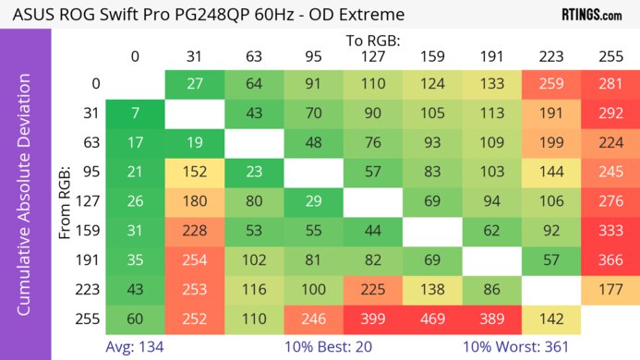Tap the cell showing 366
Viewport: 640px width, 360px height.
tap(610, 260)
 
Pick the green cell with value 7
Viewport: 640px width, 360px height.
tap(135, 114)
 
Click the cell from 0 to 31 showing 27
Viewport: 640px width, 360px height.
tap(195, 84)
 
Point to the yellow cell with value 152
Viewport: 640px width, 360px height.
tap(195, 173)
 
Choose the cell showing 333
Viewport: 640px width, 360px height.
tap(610, 231)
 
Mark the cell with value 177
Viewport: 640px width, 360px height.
tap(610, 290)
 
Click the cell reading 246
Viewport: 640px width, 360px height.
tap(313, 318)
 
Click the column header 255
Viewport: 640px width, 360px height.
tap(610, 56)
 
